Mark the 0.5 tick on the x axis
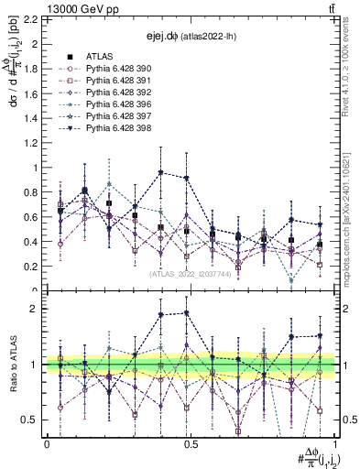pyautogui.click(x=191, y=444)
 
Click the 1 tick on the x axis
pyautogui.click(x=334, y=444)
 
